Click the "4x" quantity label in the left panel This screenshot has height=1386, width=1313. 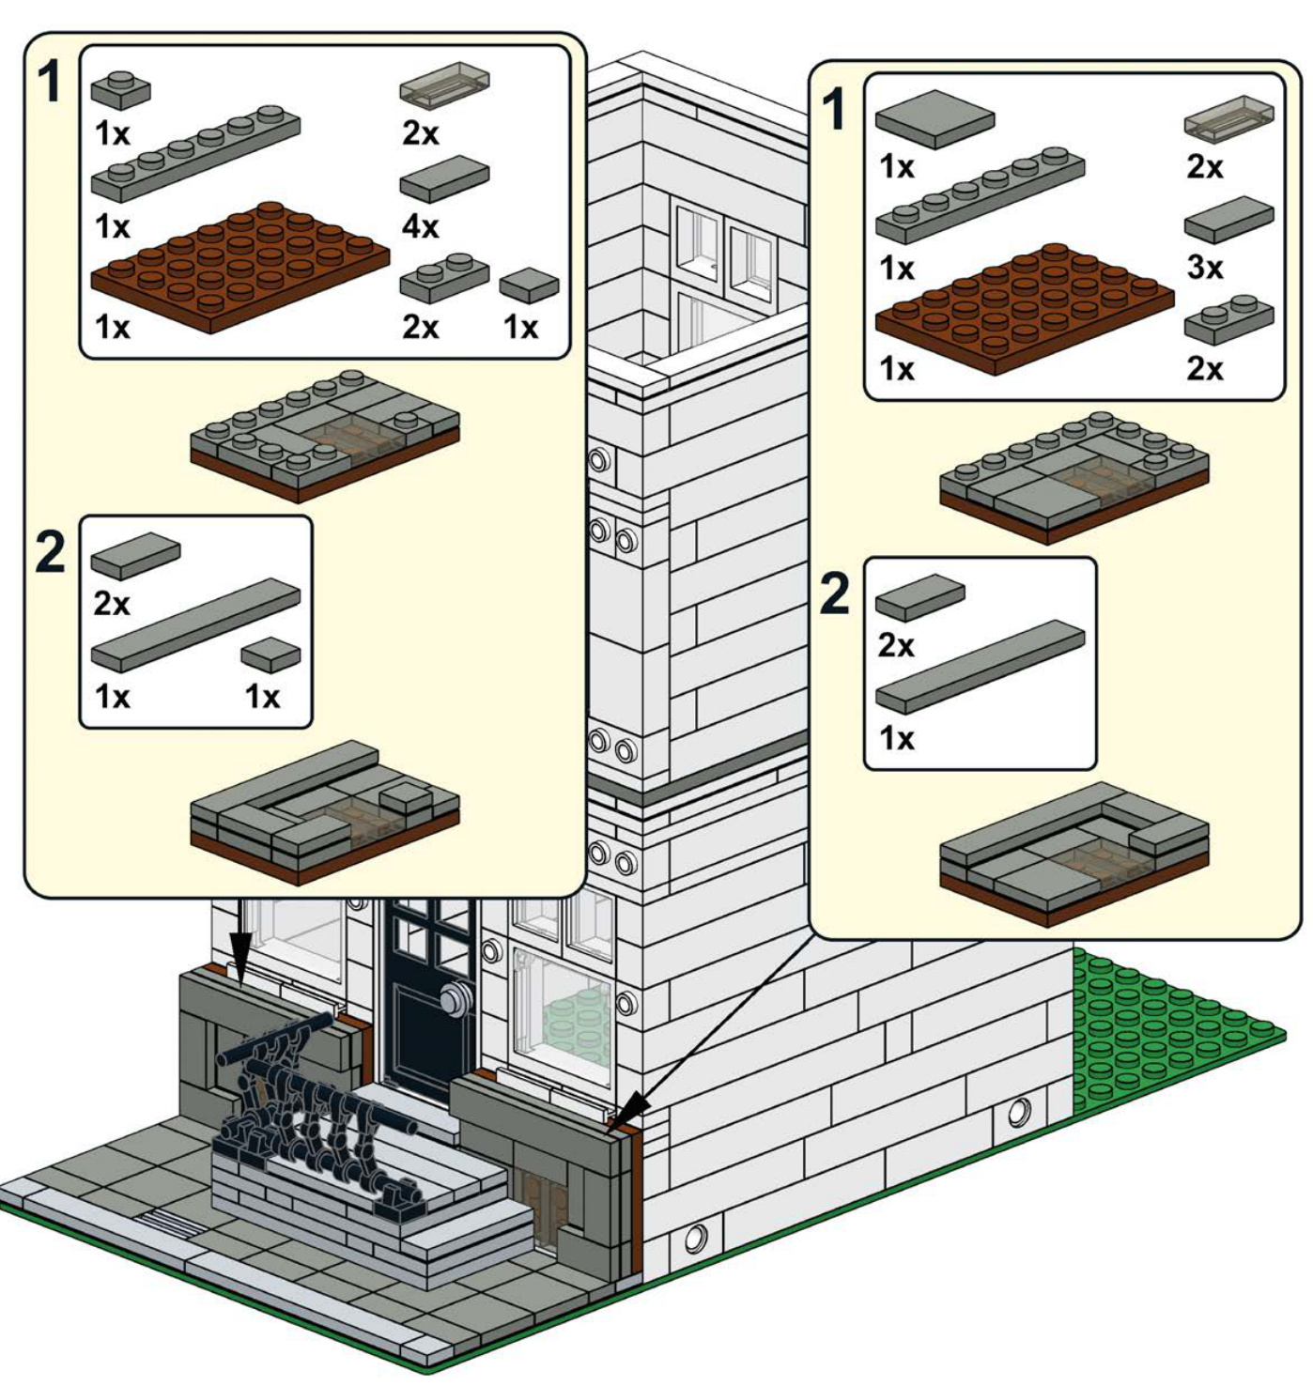(x=420, y=226)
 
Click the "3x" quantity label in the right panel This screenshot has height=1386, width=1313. (x=1205, y=267)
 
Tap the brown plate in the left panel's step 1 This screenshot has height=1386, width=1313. (x=239, y=267)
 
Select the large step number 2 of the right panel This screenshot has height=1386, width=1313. (x=834, y=593)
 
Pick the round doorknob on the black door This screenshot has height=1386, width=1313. (x=457, y=997)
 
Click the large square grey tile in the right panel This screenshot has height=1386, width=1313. (x=935, y=118)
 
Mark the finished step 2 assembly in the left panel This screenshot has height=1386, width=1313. (x=324, y=811)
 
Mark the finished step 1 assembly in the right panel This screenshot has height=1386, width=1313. (x=1074, y=475)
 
